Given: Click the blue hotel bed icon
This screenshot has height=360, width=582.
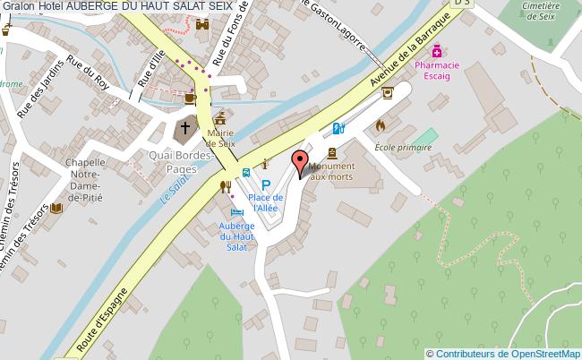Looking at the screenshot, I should coord(236,211).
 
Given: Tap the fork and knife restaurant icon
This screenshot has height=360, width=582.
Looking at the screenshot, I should coord(225,185).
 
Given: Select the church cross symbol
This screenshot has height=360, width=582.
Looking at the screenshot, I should coord(185,127).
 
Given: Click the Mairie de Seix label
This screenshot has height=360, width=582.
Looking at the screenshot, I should coord(219,138).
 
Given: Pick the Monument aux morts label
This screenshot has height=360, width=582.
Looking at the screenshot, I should coord(331,172).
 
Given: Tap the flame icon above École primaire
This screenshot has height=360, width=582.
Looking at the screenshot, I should coord(381,125).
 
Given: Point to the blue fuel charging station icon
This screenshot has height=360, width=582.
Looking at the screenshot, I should coord(338,128).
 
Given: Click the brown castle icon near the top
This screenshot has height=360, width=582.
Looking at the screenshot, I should coord(201,25).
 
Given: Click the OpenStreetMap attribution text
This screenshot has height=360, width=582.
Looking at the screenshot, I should coord(503,353).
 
